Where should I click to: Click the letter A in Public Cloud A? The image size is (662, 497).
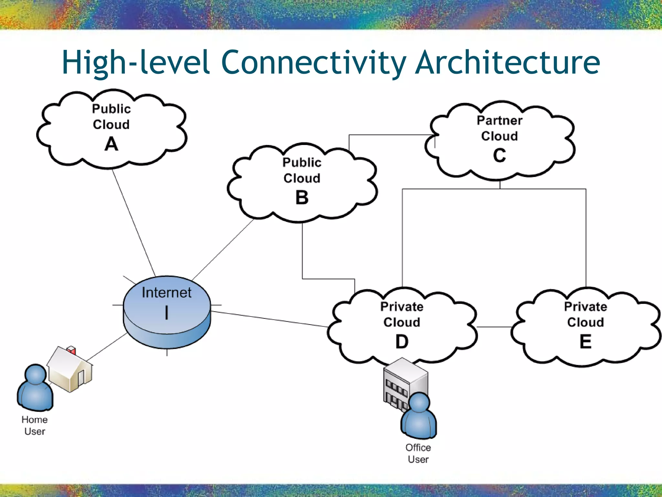pyautogui.click(x=111, y=144)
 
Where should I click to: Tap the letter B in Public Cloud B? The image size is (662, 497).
pyautogui.click(x=302, y=197)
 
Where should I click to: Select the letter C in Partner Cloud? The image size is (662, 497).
pyautogui.click(x=499, y=155)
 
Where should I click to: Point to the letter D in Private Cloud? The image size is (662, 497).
pyautogui.click(x=402, y=341)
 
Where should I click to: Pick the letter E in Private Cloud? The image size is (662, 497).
pyautogui.click(x=585, y=341)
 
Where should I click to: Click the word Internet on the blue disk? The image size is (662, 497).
pyautogui.click(x=166, y=293)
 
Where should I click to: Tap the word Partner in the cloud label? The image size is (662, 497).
pyautogui.click(x=499, y=120)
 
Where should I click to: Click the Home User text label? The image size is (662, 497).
pyautogui.click(x=35, y=425)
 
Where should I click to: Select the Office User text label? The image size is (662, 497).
pyautogui.click(x=418, y=453)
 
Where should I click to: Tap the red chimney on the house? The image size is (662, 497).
pyautogui.click(x=71, y=350)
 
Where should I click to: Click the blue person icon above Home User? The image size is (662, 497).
pyautogui.click(x=35, y=388)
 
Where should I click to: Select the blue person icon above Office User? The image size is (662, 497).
pyautogui.click(x=419, y=416)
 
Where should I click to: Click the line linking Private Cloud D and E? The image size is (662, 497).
pyautogui.click(x=494, y=327)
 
